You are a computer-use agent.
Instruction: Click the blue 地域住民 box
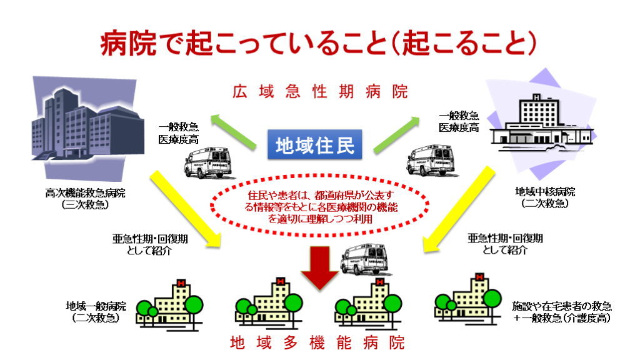click(x=315, y=144)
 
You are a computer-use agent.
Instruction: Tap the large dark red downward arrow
click(x=320, y=268)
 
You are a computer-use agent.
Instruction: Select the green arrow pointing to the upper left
click(x=234, y=131)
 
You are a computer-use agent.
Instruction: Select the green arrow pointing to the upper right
click(x=396, y=135)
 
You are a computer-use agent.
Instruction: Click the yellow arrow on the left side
click(x=186, y=209)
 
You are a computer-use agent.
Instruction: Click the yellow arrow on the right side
click(x=459, y=209)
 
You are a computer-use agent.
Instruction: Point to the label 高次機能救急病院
click(x=85, y=192)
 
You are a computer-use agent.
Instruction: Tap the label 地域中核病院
click(x=545, y=191)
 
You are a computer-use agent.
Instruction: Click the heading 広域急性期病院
click(x=321, y=91)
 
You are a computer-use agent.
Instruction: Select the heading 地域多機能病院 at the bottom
click(x=317, y=342)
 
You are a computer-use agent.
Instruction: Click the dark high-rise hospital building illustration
click(x=87, y=127)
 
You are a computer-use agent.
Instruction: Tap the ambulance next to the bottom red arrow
click(x=364, y=259)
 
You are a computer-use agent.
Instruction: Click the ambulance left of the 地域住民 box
click(x=208, y=162)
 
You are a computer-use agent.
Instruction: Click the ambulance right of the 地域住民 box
click(x=431, y=160)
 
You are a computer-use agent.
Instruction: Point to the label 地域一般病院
click(x=96, y=306)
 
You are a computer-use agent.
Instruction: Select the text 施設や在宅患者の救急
click(x=562, y=306)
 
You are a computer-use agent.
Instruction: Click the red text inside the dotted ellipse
click(x=321, y=207)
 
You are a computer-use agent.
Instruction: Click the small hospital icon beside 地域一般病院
click(x=169, y=304)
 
